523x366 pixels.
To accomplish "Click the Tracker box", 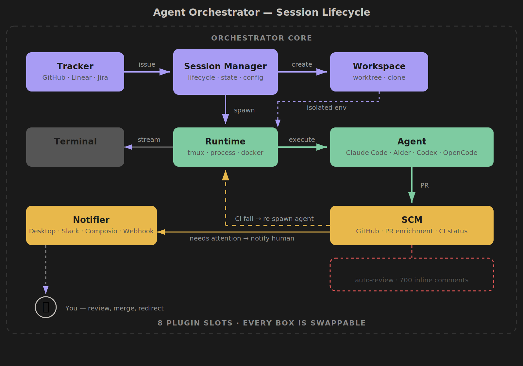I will [x=75, y=72].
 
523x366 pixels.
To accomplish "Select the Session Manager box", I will [x=226, y=72].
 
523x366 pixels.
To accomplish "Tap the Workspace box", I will [x=379, y=72].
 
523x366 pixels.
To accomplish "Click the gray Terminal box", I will [x=75, y=147].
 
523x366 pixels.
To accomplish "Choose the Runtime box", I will [x=226, y=147].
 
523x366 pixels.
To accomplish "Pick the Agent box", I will [x=412, y=147].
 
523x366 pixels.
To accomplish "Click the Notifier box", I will [x=92, y=225].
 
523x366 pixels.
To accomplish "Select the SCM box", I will [x=412, y=225].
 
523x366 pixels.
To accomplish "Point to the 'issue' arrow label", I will [x=147, y=64].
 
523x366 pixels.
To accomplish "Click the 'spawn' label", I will [x=244, y=110].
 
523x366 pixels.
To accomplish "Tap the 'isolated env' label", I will [x=326, y=108].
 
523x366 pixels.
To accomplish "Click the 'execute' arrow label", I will [x=302, y=140].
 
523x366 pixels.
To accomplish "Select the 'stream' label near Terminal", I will [x=149, y=140].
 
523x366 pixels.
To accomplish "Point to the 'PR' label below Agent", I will [x=424, y=185].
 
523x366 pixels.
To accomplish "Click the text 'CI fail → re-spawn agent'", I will [x=274, y=219].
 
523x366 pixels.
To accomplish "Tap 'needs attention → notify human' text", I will [x=242, y=238].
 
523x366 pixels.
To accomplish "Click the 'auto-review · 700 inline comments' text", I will [x=412, y=280].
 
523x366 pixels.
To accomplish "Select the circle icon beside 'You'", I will [x=46, y=307].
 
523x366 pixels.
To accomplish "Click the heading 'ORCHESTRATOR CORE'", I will [x=261, y=38].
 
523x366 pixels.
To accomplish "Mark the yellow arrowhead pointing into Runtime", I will [x=226, y=175].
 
